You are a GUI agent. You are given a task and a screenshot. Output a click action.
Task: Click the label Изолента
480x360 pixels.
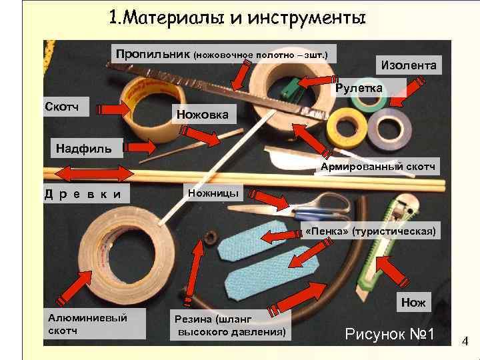point(409,65)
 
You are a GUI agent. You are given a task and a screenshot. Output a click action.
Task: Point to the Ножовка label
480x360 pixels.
point(202,115)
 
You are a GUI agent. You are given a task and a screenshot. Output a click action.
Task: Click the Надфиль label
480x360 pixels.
point(79,147)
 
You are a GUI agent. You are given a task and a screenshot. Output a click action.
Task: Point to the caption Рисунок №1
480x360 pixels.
point(390,333)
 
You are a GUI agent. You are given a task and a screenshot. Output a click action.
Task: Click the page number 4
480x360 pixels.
point(465,342)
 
